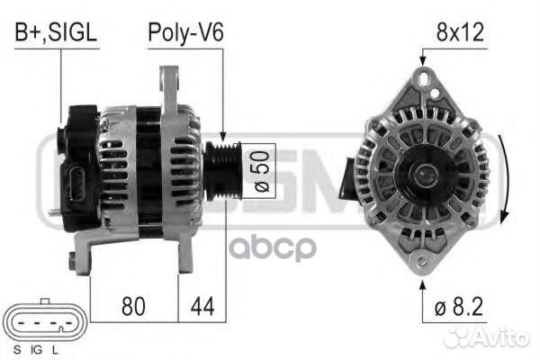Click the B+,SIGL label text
coord(55,33)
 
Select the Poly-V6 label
coord(185,33)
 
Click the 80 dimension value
coord(134,307)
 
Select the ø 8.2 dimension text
coord(459,307)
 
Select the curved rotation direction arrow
coord(505,180)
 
